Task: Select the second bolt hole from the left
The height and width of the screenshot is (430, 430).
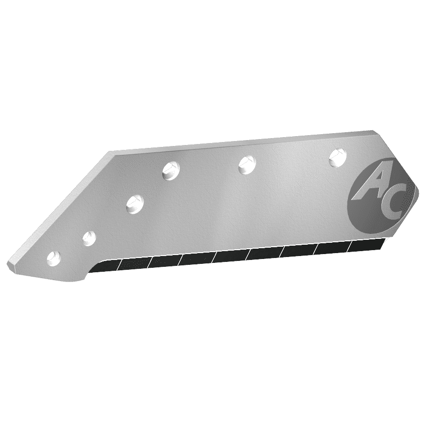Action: [x=88, y=238]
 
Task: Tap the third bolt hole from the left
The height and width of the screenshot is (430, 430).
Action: [x=134, y=203]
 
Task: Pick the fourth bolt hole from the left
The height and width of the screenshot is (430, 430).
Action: [x=171, y=171]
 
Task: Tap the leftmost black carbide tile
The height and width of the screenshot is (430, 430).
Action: [x=105, y=266]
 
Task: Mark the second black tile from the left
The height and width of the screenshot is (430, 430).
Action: [x=133, y=263]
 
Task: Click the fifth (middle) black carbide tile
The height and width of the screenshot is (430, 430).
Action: [x=230, y=255]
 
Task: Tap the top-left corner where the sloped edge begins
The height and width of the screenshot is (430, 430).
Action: [x=109, y=153]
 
